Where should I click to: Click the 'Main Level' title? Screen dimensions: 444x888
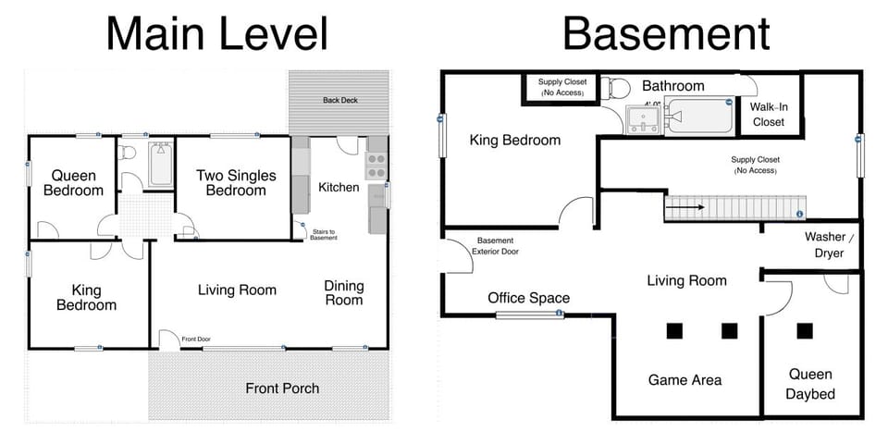tap(216, 33)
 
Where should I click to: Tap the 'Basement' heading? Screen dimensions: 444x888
tap(666, 33)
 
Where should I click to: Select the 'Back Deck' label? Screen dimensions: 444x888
tap(340, 100)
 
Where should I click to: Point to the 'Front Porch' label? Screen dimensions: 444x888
tap(282, 388)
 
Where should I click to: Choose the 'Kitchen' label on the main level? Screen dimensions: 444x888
tap(339, 187)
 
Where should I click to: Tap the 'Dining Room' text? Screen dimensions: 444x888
tap(343, 292)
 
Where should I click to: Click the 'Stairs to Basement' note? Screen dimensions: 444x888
tap(323, 235)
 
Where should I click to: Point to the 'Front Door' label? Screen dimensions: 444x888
tap(196, 339)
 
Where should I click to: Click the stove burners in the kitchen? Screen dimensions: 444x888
tap(376, 165)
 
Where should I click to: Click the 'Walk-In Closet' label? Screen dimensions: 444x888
tap(768, 114)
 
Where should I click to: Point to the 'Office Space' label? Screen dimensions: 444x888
tap(529, 298)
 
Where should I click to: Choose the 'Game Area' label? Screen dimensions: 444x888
tap(684, 379)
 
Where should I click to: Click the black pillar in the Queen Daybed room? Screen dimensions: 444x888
tap(804, 330)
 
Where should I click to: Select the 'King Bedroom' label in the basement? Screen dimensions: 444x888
tap(515, 141)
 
